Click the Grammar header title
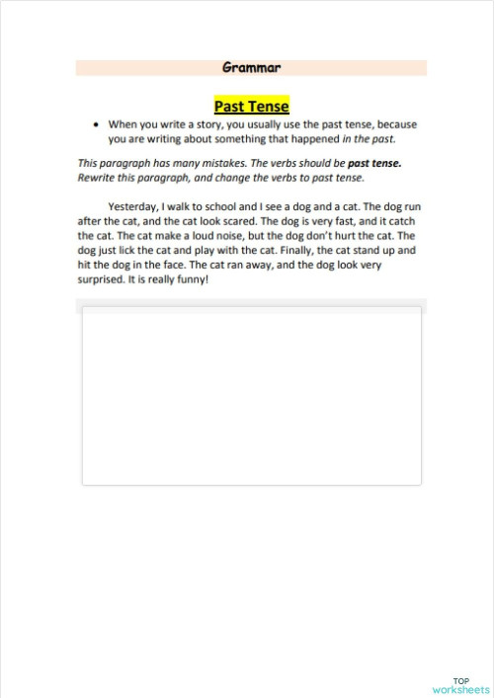point(252,68)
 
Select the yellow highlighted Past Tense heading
point(251,106)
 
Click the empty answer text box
point(251,396)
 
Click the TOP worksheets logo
point(460,685)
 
